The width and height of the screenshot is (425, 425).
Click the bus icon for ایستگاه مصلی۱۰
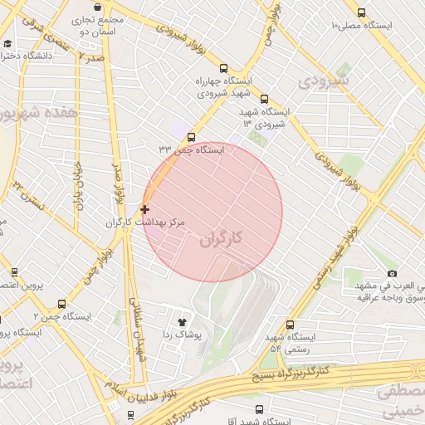[360, 12]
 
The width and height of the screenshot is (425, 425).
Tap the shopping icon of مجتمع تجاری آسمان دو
[97, 7]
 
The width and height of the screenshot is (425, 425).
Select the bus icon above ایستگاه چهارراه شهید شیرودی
[222, 68]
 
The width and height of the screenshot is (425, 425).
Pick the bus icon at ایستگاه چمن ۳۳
[192, 137]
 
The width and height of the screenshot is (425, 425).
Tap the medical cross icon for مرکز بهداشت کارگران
[145, 209]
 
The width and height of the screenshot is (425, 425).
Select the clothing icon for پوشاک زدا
[183, 321]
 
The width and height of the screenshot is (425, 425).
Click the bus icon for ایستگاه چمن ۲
[62, 304]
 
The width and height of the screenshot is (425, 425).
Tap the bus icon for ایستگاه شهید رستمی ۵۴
[290, 325]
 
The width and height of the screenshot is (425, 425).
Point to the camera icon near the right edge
[392, 273]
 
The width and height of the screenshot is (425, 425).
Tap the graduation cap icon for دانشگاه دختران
[7, 43]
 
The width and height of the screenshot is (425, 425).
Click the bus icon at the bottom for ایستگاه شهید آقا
[259, 409]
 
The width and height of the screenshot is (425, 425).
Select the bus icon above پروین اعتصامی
[14, 271]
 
